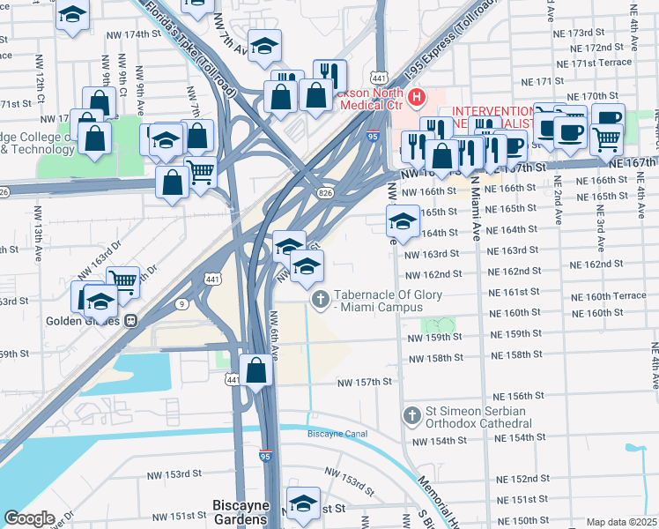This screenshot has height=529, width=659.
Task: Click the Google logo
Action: (29, 518)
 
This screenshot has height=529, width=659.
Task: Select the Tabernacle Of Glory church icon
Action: (321, 301)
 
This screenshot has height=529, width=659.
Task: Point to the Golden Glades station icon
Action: (130, 321)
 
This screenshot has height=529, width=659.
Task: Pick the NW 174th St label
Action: (127, 34)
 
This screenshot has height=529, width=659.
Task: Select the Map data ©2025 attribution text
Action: (621, 522)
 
